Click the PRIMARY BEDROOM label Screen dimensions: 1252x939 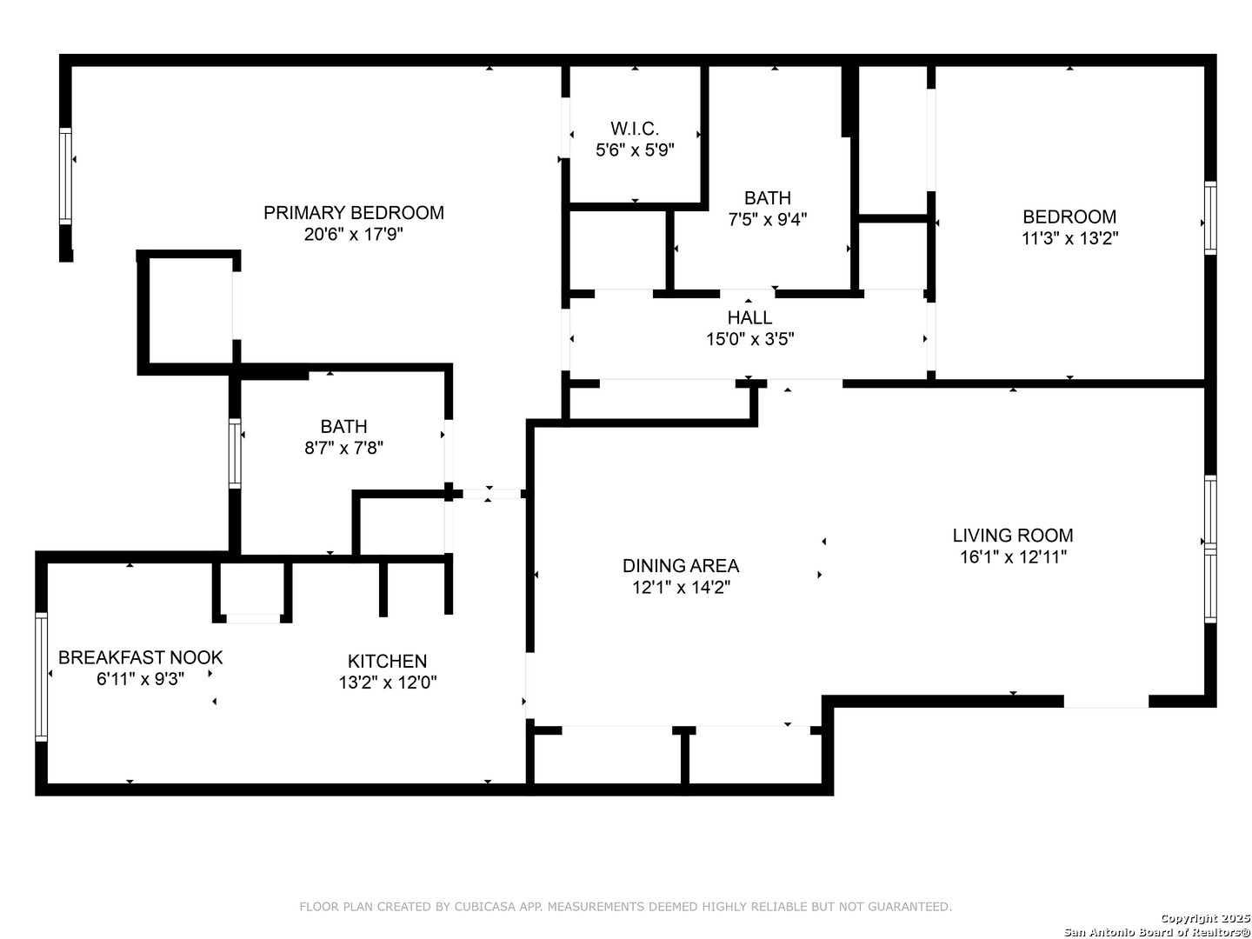click(353, 213)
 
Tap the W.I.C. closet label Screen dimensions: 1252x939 click(635, 129)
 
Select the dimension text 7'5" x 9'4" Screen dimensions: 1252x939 click(767, 219)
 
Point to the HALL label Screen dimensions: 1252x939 click(749, 317)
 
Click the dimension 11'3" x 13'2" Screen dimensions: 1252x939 click(1069, 238)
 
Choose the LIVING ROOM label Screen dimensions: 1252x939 click(1012, 536)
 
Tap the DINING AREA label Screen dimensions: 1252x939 click(681, 565)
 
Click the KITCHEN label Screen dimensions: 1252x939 click(387, 661)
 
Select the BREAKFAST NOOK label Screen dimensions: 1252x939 click(140, 657)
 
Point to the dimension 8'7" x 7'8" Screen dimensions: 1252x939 click(343, 448)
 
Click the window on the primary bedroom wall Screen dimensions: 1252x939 click(65, 176)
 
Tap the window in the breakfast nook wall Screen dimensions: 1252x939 click(41, 676)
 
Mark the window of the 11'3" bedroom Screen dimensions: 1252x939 click(1209, 217)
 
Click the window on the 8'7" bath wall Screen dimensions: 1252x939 click(235, 453)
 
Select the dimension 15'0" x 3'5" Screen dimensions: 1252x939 click(749, 339)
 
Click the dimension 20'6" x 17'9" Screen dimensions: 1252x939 click(353, 235)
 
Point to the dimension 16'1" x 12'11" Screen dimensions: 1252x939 click(1012, 557)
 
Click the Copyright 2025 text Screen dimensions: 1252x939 click(1205, 917)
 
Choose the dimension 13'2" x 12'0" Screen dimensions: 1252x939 click(387, 683)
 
